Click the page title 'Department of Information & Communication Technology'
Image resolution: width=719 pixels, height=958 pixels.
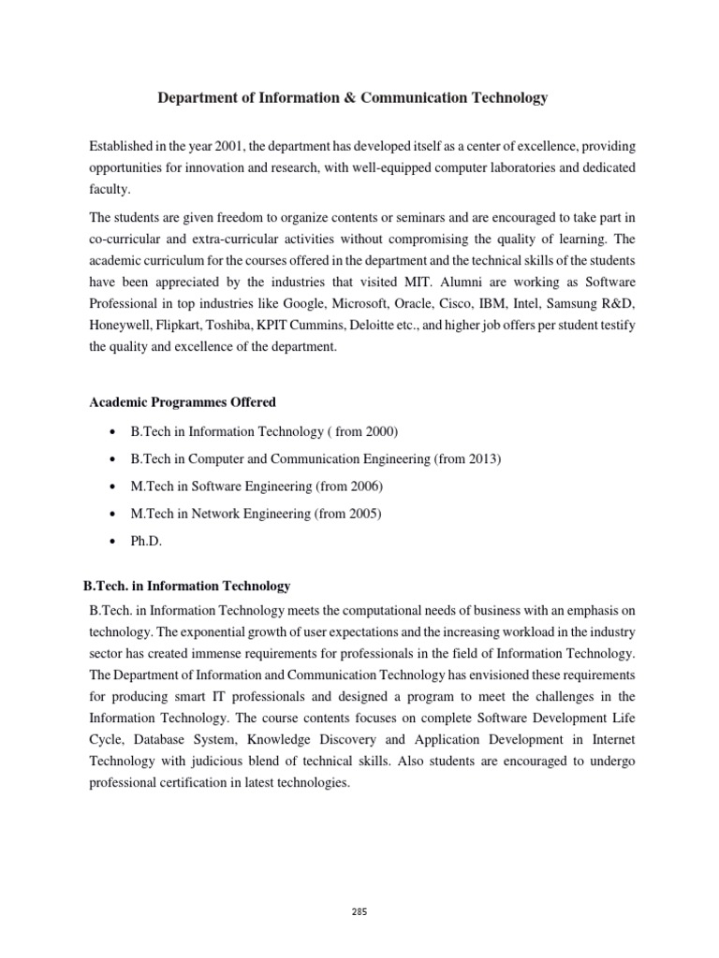351,97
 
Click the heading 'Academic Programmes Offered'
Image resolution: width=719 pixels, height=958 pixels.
183,402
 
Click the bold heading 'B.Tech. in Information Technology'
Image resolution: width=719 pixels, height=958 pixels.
187,587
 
